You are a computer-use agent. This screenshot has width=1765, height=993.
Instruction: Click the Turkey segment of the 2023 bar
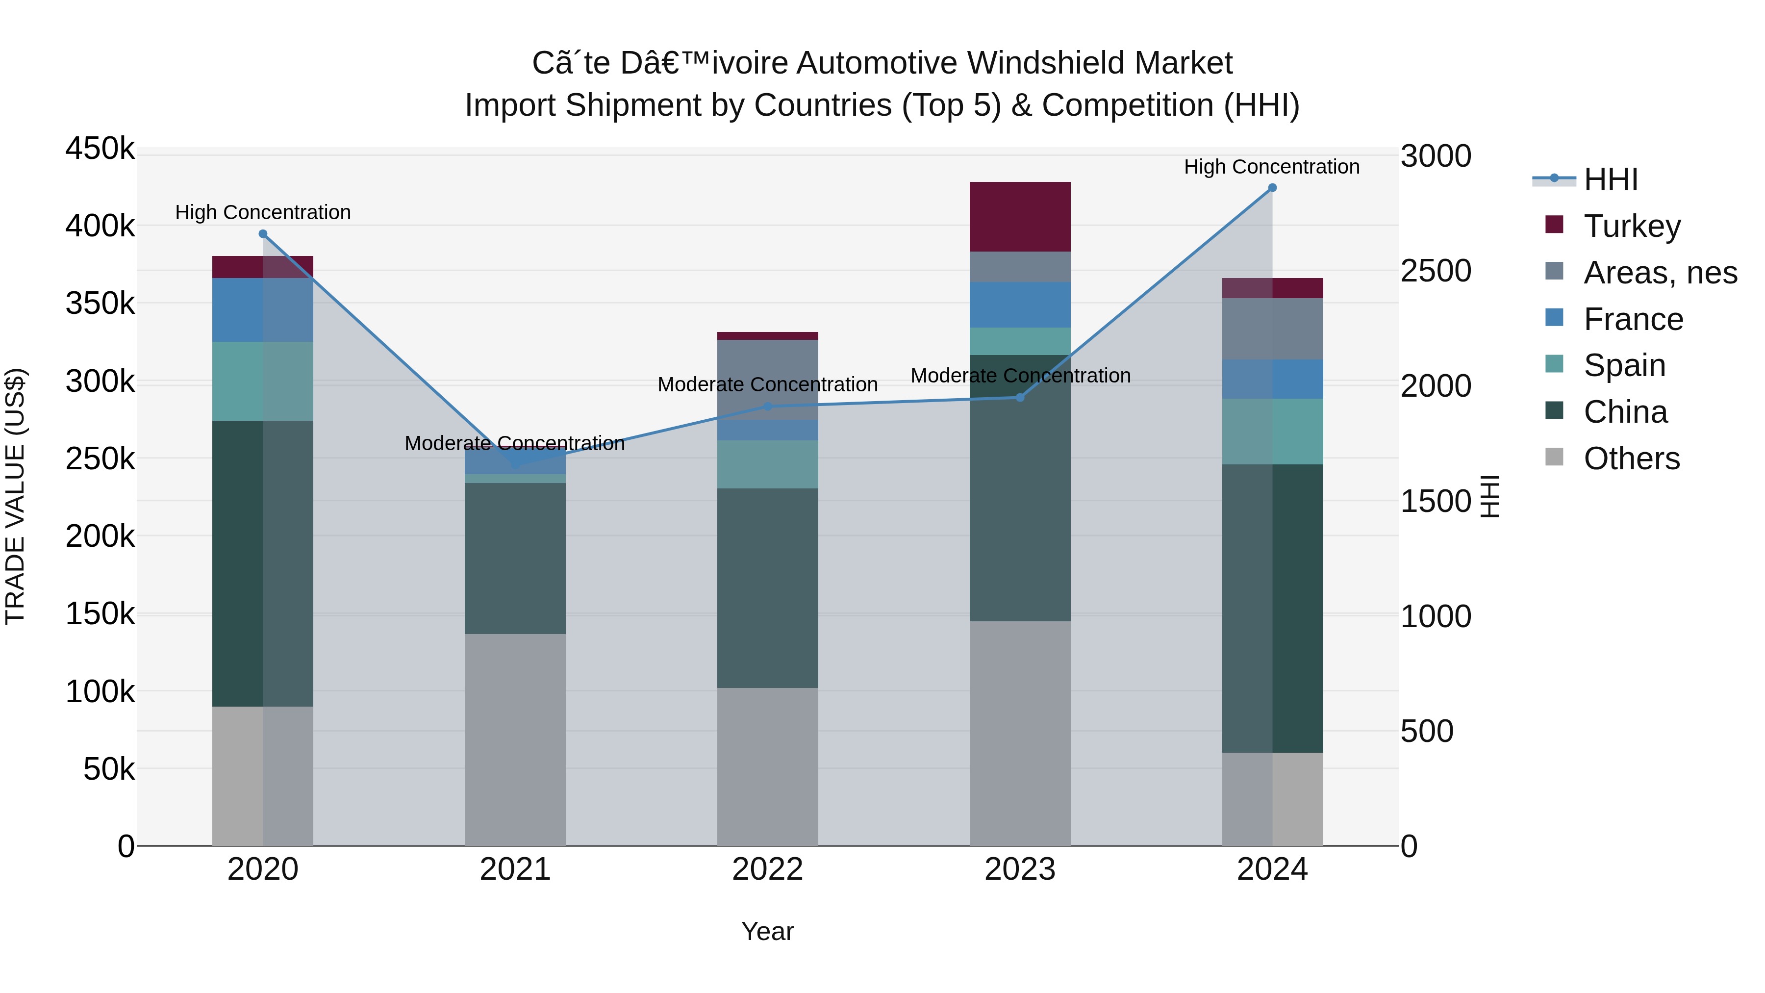pos(1020,217)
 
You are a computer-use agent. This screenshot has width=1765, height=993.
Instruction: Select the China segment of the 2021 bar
pos(515,558)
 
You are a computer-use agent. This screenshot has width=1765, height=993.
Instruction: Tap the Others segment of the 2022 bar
pos(767,766)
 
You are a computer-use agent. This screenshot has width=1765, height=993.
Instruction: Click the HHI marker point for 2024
pos(1272,188)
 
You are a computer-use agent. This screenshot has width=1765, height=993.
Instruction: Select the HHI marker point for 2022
pos(767,407)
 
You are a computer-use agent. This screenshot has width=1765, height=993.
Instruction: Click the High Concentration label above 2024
pos(1272,167)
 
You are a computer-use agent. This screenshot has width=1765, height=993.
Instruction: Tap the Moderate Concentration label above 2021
pos(515,443)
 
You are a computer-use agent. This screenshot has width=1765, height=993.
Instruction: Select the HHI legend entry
pos(1610,179)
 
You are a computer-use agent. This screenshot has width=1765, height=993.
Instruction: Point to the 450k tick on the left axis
pos(100,149)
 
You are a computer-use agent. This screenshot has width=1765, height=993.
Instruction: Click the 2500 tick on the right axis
pos(1436,271)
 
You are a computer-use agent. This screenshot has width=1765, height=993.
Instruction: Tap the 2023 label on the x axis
pos(1020,869)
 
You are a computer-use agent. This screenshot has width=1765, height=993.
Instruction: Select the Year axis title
pos(767,931)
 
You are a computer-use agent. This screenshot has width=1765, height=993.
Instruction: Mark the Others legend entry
pos(1631,458)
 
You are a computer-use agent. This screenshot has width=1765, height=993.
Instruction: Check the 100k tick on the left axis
pos(100,691)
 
